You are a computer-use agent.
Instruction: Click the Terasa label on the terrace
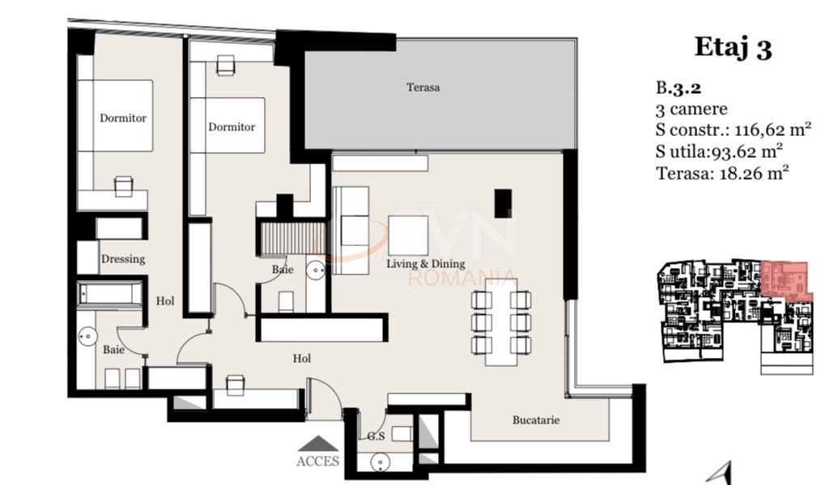tap(423, 87)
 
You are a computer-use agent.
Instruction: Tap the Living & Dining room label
tap(426, 264)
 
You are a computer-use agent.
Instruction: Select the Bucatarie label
tap(535, 419)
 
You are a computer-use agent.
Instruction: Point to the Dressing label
tap(123, 259)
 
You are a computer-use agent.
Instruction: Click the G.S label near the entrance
tap(376, 436)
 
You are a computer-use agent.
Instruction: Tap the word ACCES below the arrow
tap(317, 461)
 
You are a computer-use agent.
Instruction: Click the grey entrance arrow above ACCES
tap(317, 444)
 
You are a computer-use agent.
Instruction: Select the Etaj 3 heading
tap(733, 48)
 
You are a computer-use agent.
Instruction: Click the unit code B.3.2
tap(679, 87)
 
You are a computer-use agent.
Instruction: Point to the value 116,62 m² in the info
tap(772, 130)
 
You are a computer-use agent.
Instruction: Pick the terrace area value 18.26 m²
tap(754, 172)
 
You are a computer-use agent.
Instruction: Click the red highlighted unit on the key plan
tap(785, 279)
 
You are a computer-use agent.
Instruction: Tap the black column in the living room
tap(503, 203)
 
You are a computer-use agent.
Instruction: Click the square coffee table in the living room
tap(408, 235)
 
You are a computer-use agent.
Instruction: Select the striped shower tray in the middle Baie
tap(292, 239)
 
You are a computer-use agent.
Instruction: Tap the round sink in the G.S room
tap(380, 462)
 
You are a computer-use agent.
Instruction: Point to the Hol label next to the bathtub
tap(165, 301)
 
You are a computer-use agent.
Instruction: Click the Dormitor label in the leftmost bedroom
tap(123, 118)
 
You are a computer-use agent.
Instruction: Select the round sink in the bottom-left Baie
tap(87, 336)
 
